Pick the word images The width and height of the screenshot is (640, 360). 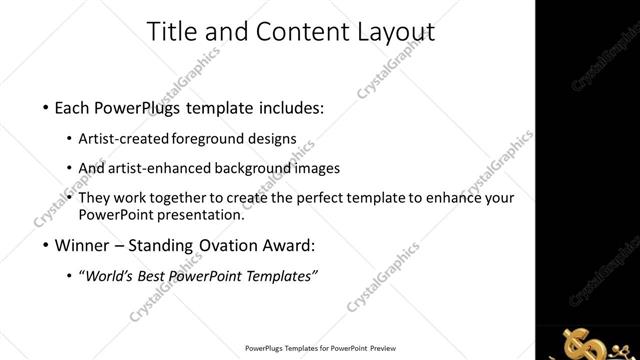coord(318,168)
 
